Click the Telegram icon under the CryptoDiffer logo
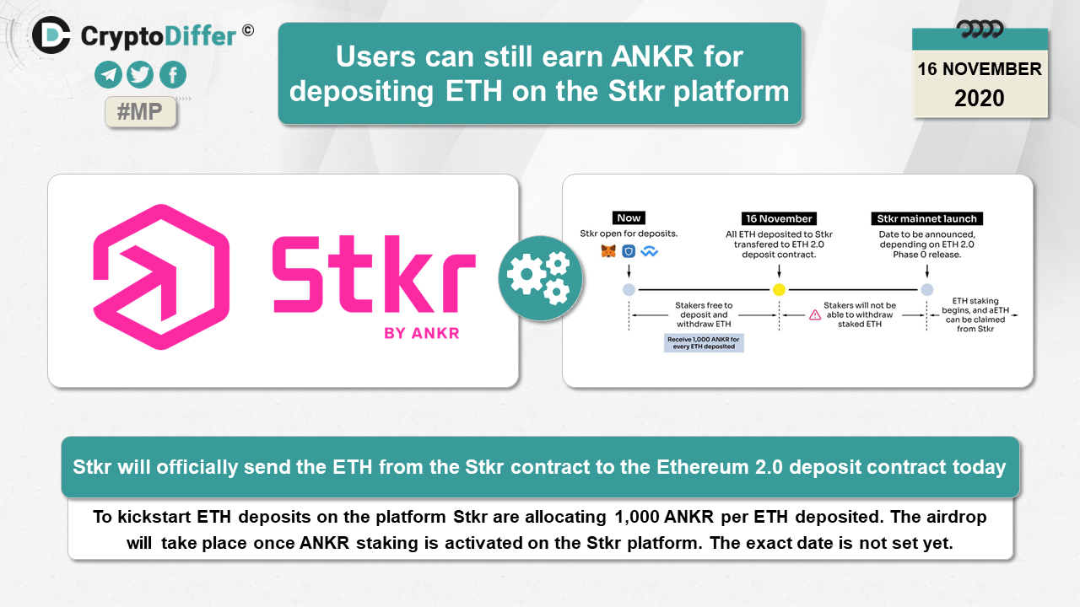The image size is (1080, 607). point(108,75)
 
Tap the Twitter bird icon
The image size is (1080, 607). point(140,75)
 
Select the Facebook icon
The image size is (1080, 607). point(173,75)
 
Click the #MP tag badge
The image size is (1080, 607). point(140,112)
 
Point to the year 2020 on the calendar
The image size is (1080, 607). point(980,99)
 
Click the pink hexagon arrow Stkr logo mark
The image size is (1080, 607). point(161,277)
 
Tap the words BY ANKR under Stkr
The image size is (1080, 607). point(421,333)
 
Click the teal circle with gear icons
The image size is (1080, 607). point(540,278)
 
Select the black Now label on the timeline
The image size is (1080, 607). point(629,218)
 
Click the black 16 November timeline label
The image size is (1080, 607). point(779,218)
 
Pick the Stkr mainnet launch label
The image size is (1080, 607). point(926,218)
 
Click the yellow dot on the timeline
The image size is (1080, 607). point(779,289)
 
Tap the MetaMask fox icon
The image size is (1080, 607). point(608,251)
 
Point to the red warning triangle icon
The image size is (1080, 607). point(815,315)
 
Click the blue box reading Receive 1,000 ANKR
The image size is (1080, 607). point(704,342)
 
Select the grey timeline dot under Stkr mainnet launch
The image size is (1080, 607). point(927,289)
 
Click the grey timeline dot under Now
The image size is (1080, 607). point(629,289)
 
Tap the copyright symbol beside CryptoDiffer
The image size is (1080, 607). point(248,31)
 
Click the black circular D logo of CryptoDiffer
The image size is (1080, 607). point(51,35)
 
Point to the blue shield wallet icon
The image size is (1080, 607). point(629,251)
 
